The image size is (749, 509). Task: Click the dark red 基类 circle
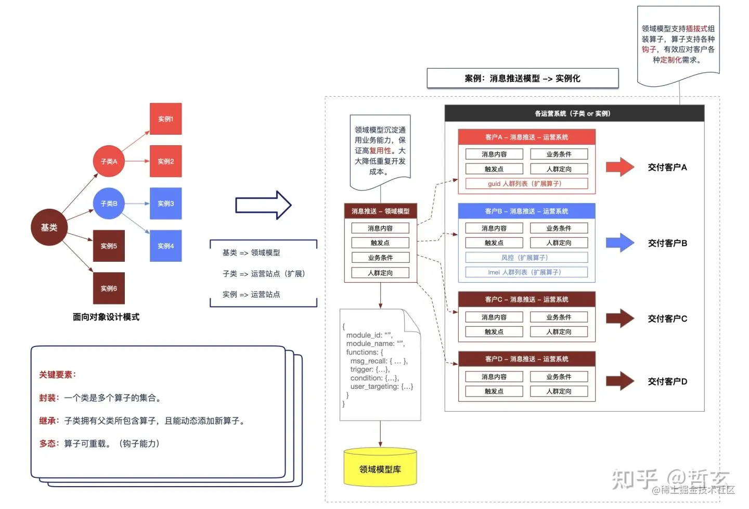(x=49, y=227)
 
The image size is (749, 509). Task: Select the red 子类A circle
(x=109, y=161)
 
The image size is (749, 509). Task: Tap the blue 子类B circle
(x=109, y=203)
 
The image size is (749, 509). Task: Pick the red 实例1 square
(x=165, y=119)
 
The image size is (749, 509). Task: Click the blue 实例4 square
(x=165, y=246)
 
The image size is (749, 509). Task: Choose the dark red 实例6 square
(x=109, y=288)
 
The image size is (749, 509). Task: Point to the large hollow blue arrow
(x=263, y=205)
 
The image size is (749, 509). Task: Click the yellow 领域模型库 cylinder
(x=380, y=468)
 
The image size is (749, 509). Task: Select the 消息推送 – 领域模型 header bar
(x=380, y=211)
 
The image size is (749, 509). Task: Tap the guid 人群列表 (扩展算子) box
(x=526, y=184)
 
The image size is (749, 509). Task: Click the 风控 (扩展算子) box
(x=526, y=258)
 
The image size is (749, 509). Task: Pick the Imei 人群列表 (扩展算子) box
(x=526, y=272)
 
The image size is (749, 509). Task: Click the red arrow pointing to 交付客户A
(x=620, y=167)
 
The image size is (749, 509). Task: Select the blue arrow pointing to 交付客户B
(x=620, y=243)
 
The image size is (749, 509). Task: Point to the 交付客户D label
(x=667, y=381)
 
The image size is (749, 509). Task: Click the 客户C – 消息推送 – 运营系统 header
(x=526, y=299)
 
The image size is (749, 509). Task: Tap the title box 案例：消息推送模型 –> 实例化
(x=523, y=79)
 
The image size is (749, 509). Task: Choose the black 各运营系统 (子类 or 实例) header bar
(x=574, y=113)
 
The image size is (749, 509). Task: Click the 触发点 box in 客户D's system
(x=494, y=391)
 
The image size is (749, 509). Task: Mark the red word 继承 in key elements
(x=48, y=421)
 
